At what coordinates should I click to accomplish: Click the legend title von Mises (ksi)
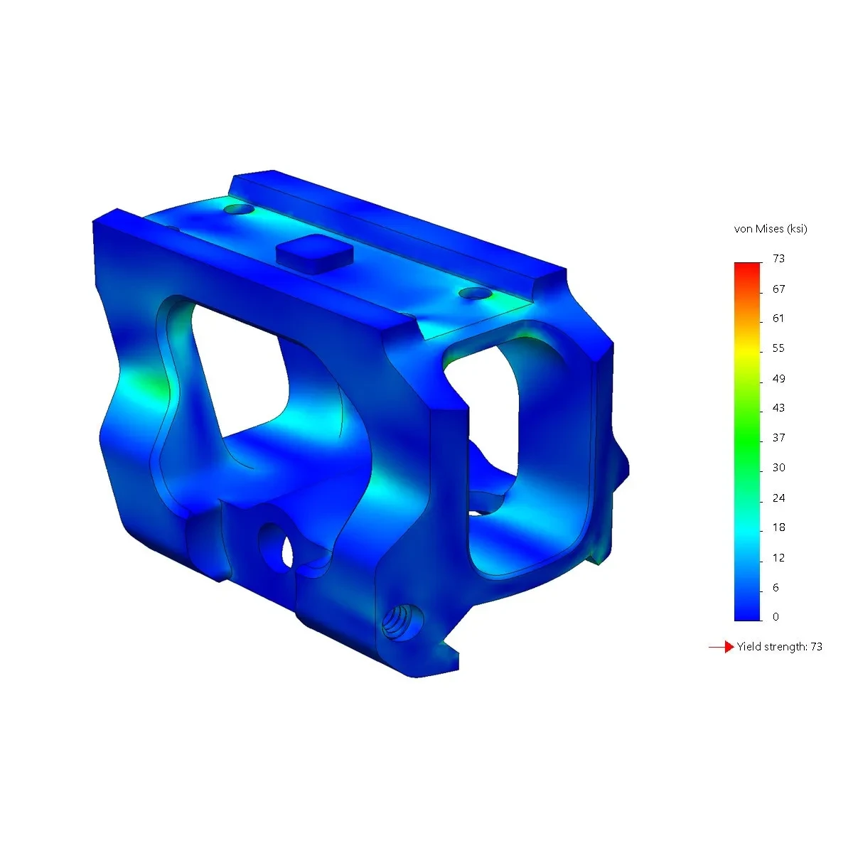(771, 229)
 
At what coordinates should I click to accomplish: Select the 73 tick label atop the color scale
(778, 259)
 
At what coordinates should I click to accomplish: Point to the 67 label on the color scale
(778, 289)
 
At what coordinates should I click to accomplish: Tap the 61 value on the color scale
(778, 318)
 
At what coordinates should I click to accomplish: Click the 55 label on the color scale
(778, 348)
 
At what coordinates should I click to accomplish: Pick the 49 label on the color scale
(778, 378)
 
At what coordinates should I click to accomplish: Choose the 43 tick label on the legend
(778, 408)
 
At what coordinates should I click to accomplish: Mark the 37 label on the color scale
(778, 438)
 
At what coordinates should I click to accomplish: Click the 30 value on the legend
(778, 468)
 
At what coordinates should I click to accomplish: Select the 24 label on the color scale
(778, 498)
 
